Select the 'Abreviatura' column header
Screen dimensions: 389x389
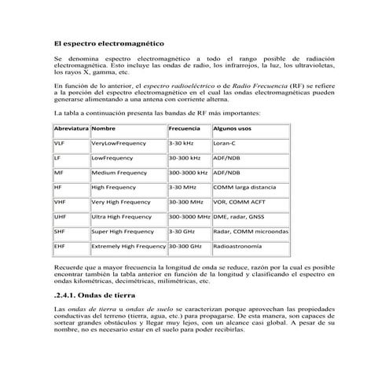tap(72, 127)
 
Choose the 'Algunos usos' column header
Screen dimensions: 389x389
tap(232, 127)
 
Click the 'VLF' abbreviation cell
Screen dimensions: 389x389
tap(60, 144)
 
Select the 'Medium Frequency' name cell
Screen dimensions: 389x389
tap(119, 173)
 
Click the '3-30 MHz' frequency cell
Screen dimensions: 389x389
tap(182, 188)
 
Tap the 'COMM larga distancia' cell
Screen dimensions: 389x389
tap(244, 188)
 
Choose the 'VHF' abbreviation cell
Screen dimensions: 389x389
tap(60, 202)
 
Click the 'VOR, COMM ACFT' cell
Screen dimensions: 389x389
tap(237, 202)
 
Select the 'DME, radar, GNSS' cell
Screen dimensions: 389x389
tap(238, 217)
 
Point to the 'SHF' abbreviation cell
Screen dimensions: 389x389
tap(60, 232)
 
